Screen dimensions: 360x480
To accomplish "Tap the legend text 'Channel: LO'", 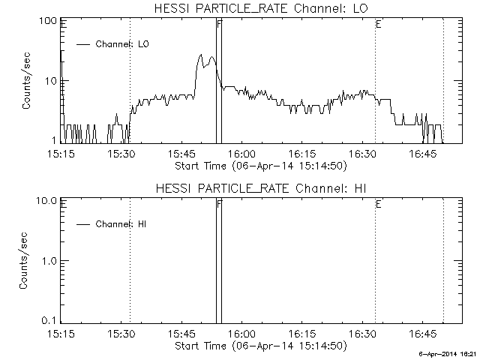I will pos(123,44).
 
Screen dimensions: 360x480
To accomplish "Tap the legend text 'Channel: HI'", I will pos(120,224).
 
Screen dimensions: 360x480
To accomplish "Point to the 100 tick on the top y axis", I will pos(49,21).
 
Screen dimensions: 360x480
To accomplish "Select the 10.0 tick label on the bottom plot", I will pos(48,201).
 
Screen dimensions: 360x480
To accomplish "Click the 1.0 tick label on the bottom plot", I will pos(51,260).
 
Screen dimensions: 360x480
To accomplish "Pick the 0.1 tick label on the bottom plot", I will pos(51,319).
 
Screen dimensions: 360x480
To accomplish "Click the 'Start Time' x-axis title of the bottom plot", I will pos(259,346).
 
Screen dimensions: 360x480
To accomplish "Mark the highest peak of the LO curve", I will pos(201,55).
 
